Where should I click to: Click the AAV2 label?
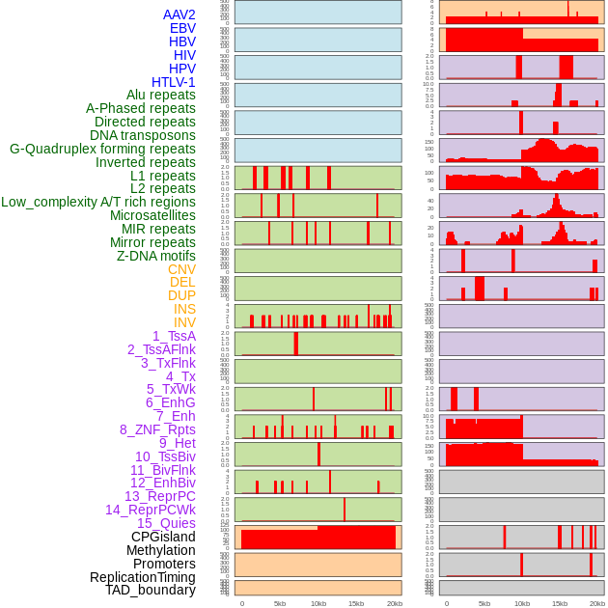point(180,14)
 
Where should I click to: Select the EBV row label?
point(182,28)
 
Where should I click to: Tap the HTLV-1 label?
point(174,82)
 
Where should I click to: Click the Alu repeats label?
point(161,96)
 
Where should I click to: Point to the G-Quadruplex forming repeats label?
point(102,149)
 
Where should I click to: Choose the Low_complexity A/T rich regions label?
point(98,202)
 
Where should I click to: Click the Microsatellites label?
point(152,215)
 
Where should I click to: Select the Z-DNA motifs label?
point(156,256)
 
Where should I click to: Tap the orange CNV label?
point(181,269)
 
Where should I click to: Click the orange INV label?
point(184,322)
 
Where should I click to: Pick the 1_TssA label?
point(174,336)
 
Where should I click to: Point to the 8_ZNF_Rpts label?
point(157,429)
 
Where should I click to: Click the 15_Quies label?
point(166,523)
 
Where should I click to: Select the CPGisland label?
point(163,537)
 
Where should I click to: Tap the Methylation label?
point(161,550)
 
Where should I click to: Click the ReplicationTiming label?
point(143,577)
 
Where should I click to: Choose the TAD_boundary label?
point(151,590)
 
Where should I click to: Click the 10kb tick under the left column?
point(318,603)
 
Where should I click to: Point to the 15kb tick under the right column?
point(560,603)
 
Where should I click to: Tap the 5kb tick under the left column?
point(280,603)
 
